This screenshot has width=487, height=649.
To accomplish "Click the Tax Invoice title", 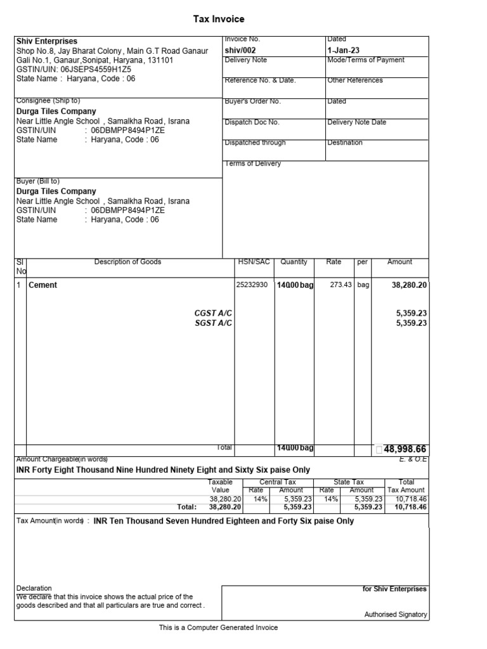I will click(x=219, y=20).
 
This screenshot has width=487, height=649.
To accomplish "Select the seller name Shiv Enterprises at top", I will click(x=46, y=41).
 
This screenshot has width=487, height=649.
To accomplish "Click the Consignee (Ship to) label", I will click(x=48, y=101).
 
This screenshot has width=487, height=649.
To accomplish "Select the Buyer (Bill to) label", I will click(x=38, y=181).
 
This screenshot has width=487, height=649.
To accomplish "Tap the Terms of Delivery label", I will click(x=253, y=164).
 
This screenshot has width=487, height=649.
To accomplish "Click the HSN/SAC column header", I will click(x=253, y=262).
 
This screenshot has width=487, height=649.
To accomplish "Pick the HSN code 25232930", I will click(x=252, y=285).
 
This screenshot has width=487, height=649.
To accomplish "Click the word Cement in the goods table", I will click(x=43, y=285).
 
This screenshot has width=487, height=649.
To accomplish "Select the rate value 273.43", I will click(x=341, y=285).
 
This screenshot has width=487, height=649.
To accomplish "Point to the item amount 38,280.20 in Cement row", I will click(x=409, y=285).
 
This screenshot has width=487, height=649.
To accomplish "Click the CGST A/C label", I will click(x=213, y=313).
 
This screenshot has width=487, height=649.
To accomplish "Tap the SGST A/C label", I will click(x=213, y=323).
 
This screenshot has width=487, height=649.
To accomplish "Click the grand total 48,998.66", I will click(x=405, y=449).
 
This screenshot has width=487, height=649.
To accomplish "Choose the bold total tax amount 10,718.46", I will click(x=409, y=507).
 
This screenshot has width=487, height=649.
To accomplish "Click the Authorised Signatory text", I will click(x=396, y=615).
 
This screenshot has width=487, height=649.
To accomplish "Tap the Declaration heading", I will click(x=34, y=588).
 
